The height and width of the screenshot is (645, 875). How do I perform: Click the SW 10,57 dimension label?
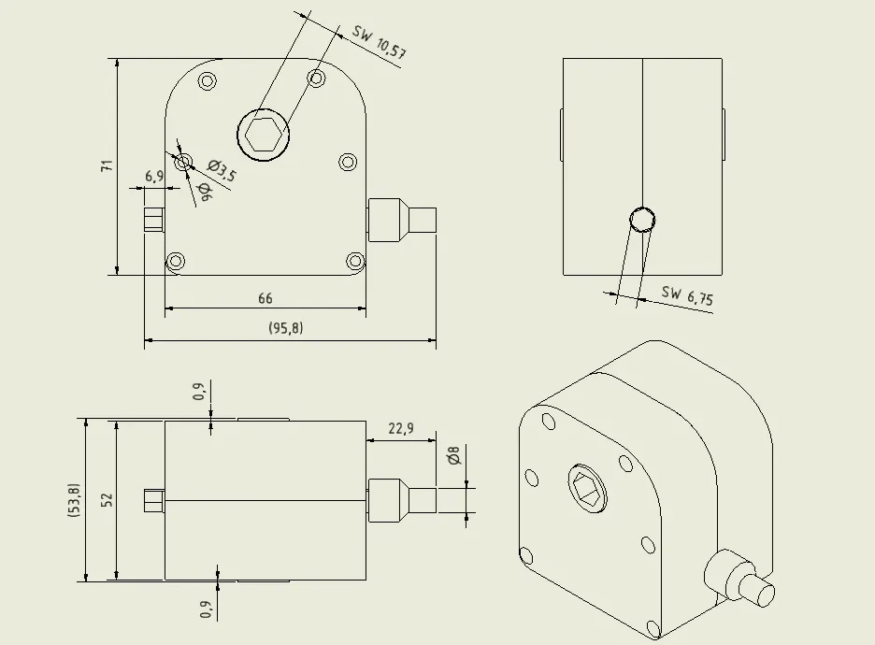379,42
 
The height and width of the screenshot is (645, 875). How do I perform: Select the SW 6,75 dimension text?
687,295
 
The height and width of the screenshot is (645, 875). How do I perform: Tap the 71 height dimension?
107,165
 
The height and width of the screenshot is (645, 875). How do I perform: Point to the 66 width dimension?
265,298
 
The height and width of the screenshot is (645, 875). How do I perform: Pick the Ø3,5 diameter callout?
222,171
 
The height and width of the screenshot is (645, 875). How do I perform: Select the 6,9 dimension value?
154,177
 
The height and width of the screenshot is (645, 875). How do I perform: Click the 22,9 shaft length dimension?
401,428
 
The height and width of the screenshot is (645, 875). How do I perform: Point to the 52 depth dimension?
108,500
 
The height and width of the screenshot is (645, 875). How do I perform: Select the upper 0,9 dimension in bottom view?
199,391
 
